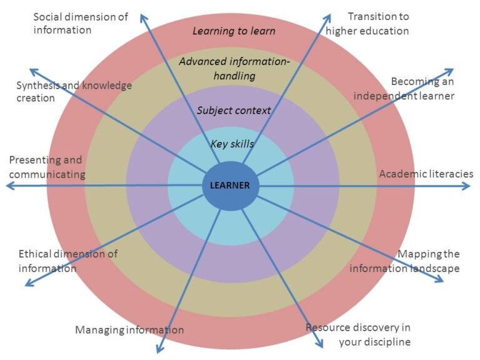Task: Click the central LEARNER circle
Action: click(x=230, y=186)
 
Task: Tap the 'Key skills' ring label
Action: click(x=232, y=144)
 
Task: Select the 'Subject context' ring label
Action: click(x=234, y=111)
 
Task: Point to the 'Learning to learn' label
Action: click(x=234, y=31)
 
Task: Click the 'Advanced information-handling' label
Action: click(x=234, y=69)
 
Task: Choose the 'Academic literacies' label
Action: click(x=426, y=174)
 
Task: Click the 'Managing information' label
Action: click(x=129, y=330)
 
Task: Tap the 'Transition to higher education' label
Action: click(x=367, y=24)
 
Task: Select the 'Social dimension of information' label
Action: click(x=81, y=23)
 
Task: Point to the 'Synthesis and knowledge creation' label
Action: click(x=74, y=91)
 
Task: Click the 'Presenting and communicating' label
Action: click(x=47, y=167)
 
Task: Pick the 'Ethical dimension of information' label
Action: click(x=68, y=261)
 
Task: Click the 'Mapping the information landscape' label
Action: click(x=405, y=261)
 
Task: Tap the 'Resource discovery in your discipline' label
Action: click(x=358, y=334)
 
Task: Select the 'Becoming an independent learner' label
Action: click(x=404, y=89)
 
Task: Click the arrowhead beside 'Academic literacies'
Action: click(x=467, y=186)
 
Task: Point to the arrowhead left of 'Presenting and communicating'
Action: click(x=10, y=186)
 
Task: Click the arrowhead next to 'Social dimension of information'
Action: click(x=143, y=17)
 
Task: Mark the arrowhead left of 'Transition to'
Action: click(x=328, y=17)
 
